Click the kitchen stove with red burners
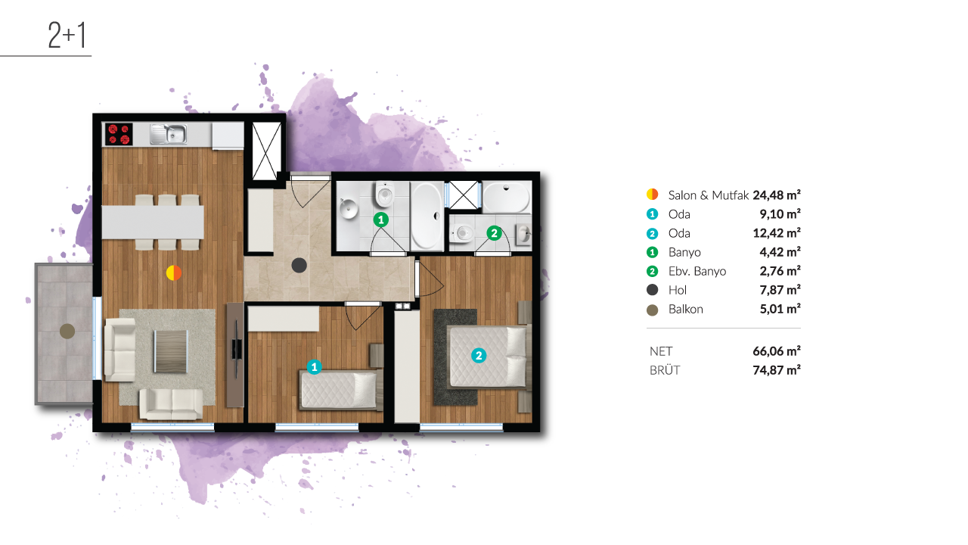coord(119,134)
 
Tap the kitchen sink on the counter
coord(169,134)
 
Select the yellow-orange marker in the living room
coord(174,273)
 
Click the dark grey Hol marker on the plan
coord(299,265)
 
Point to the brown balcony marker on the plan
coord(67,332)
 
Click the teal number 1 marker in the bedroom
coord(314,367)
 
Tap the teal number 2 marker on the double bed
coord(479,356)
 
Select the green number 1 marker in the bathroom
coord(380,220)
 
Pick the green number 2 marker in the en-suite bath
coord(494,234)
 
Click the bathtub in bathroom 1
coord(427,216)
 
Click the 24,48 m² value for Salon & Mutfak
coord(777,195)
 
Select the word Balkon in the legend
coord(685,310)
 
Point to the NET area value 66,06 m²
coord(777,350)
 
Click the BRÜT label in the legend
coord(665,370)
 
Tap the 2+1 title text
coord(67,35)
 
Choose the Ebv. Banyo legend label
coord(697,271)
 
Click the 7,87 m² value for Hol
coord(780,290)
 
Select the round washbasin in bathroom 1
coord(349,209)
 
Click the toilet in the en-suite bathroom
coord(461,234)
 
